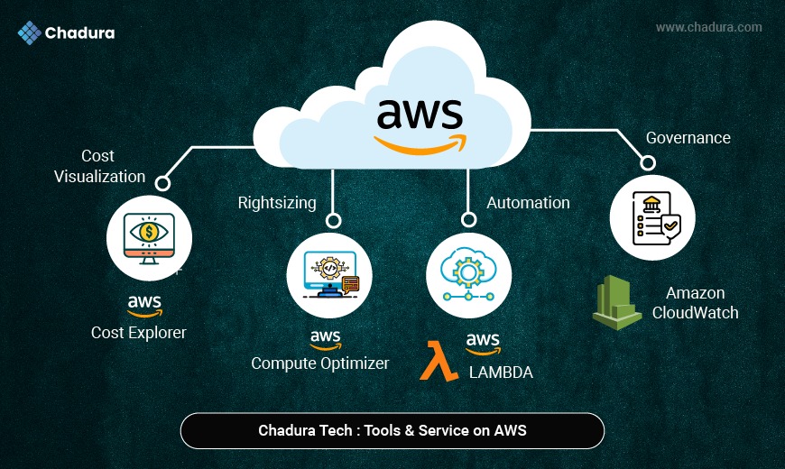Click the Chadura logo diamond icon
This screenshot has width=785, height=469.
point(30,33)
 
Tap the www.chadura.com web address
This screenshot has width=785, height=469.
point(708,27)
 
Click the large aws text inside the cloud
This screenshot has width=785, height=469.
point(420,115)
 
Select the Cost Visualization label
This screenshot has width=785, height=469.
point(99,166)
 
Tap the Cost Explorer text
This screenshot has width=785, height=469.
point(139,333)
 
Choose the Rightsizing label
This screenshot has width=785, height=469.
point(277,202)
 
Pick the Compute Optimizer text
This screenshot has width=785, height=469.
point(320,363)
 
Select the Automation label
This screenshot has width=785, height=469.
point(529,202)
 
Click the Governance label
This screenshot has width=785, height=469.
point(688,138)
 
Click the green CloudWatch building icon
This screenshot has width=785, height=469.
point(617,302)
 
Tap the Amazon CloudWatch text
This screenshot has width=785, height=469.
point(702,303)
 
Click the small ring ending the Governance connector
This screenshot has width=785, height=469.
point(646,163)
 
